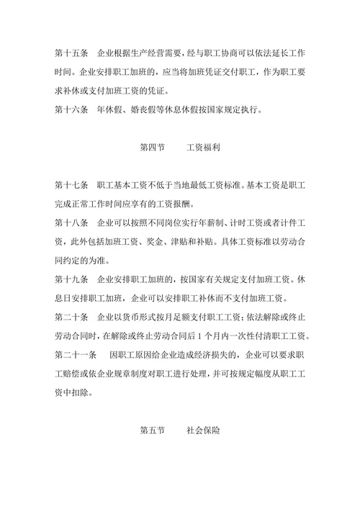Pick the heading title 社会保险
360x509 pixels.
[203, 431]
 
